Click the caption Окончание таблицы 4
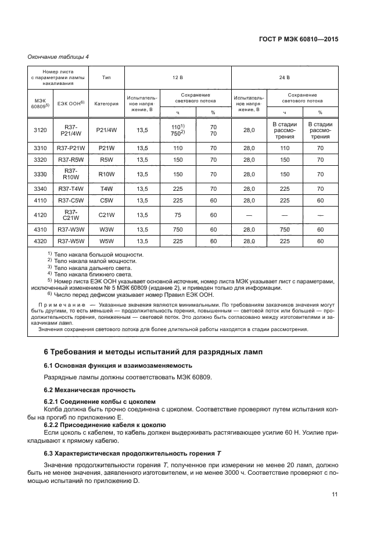click(58, 56)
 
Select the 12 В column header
click(177, 77)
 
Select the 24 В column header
click(285, 77)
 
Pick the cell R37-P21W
click(71, 148)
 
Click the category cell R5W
click(106, 159)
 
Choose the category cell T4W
click(106, 189)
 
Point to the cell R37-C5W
click(71, 200)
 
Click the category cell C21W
click(106, 215)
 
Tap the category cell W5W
click(106, 241)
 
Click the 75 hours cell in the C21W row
click(178, 215)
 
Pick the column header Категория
click(106, 104)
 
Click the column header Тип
click(106, 77)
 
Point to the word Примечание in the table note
click(63, 305)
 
